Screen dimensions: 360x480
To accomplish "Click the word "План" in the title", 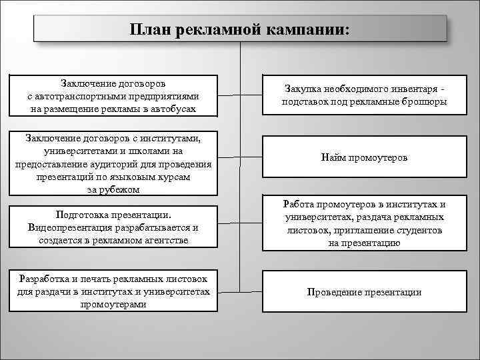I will pos(153,31).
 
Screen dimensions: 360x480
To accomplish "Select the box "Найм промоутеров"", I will pos(364,158).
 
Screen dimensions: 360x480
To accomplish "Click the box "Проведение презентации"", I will pos(364,292).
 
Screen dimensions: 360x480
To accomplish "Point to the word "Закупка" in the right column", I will pos(302,89).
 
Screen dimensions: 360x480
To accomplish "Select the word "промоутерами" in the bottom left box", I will pos(115,303).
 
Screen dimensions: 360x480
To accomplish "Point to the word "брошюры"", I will pos(426,101).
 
